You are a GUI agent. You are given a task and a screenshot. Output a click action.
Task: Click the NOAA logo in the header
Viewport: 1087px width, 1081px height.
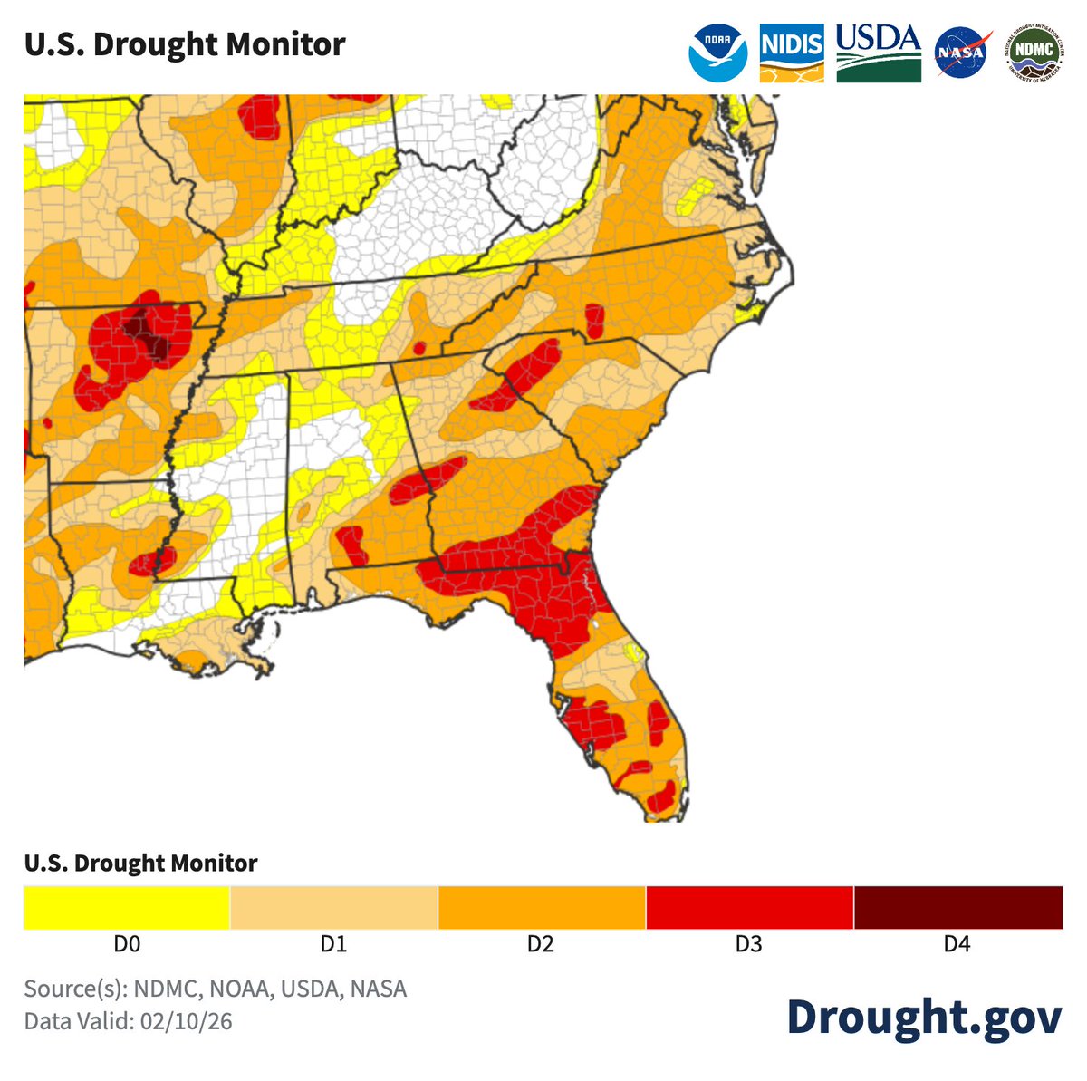(717, 53)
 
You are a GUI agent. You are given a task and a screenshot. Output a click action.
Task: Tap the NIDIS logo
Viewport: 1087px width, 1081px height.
(792, 53)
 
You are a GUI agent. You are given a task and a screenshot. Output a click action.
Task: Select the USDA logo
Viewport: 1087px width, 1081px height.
(878, 53)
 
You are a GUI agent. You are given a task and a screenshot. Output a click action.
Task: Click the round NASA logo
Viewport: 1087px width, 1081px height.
(962, 53)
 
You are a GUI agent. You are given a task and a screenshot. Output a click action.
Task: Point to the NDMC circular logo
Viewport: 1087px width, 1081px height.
(1034, 53)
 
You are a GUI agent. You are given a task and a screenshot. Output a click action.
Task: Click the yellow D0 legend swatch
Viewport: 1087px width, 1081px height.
(127, 907)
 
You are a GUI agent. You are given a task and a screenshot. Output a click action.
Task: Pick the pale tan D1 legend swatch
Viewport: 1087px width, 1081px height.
(334, 907)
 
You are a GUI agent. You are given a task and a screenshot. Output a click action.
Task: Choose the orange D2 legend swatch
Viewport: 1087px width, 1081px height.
(542, 907)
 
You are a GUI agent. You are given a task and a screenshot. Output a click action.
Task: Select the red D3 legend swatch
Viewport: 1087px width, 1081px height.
(749, 907)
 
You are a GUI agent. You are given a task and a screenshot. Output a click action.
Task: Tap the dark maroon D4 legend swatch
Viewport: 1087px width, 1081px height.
(957, 907)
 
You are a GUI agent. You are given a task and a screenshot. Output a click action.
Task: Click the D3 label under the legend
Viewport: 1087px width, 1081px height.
(748, 944)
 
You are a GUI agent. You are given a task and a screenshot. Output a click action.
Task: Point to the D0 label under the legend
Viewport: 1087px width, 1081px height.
(127, 944)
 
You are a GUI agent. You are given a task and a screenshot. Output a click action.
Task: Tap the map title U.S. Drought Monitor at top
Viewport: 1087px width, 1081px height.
(185, 44)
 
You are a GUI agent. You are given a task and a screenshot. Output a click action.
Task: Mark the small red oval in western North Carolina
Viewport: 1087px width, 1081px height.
(594, 321)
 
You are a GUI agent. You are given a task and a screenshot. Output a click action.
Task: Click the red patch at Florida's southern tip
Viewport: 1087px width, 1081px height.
(660, 796)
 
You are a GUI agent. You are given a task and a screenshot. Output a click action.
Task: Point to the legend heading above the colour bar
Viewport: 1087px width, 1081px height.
(140, 863)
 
